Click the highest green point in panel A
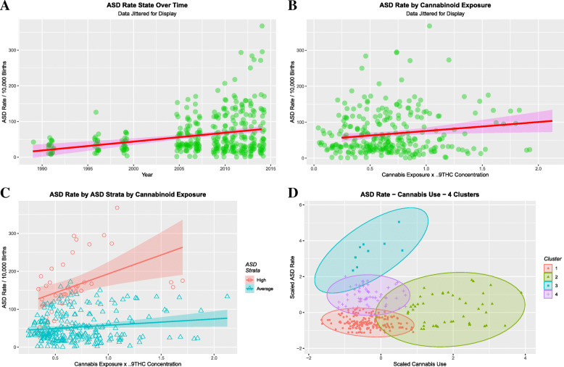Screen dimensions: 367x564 tap(262, 26)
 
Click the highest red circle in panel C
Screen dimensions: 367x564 tap(117, 208)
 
